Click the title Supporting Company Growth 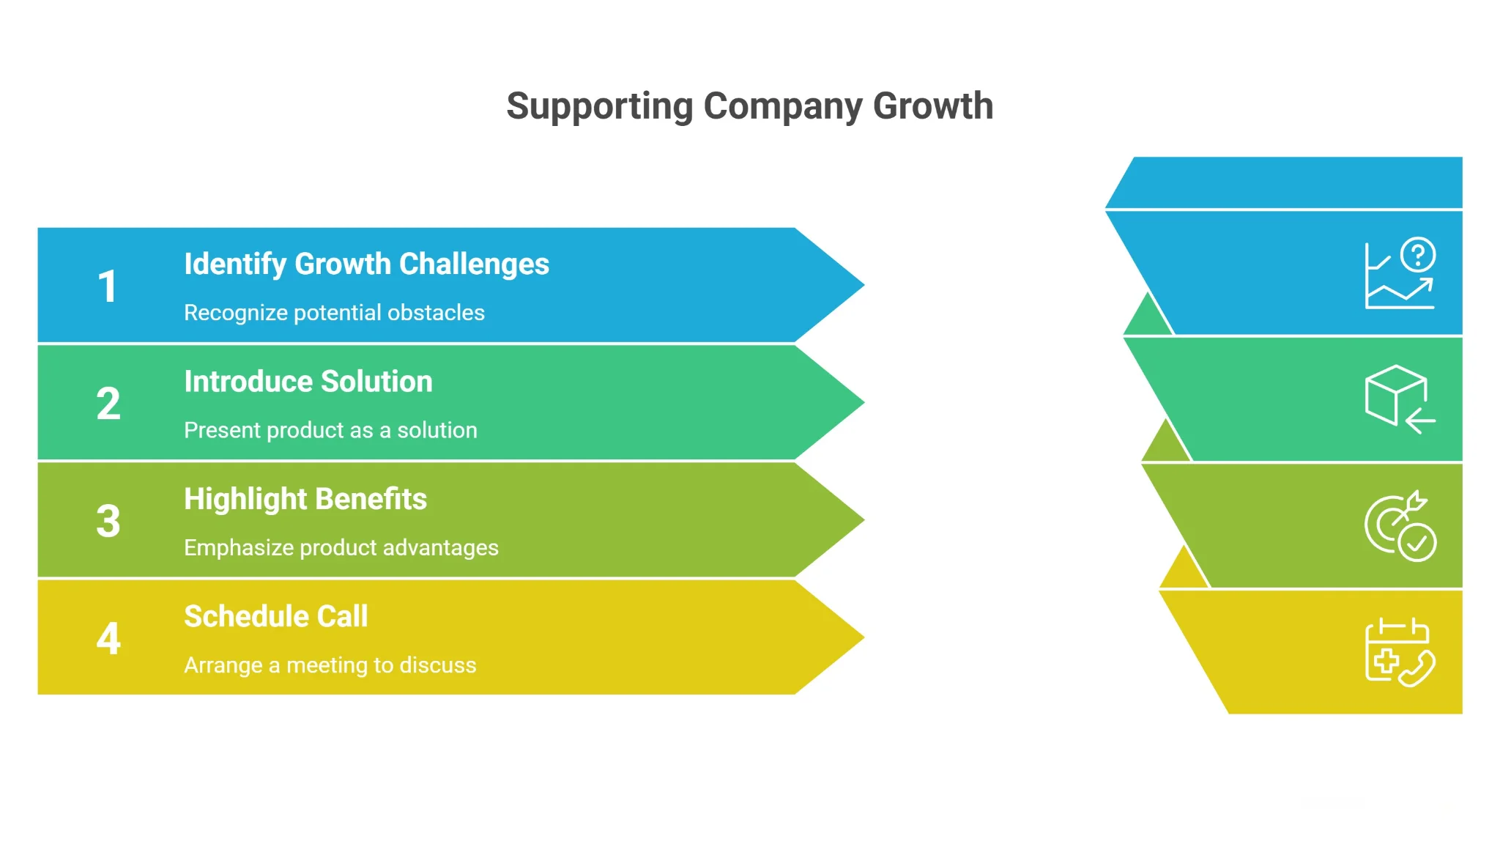(750, 107)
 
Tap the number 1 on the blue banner (108, 286)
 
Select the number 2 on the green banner (108, 404)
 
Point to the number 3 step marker (108, 521)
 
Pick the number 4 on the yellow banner (108, 638)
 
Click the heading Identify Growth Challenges (366, 264)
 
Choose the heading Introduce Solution (308, 382)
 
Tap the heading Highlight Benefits (305, 500)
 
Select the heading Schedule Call (276, 616)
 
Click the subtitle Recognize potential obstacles (334, 313)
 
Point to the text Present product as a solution (330, 430)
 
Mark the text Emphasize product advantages (341, 548)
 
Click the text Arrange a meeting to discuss (330, 665)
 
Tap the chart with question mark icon (1400, 273)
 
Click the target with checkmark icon (1400, 525)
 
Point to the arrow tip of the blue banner (864, 285)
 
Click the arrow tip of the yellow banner (864, 637)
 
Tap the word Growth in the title (933, 107)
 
